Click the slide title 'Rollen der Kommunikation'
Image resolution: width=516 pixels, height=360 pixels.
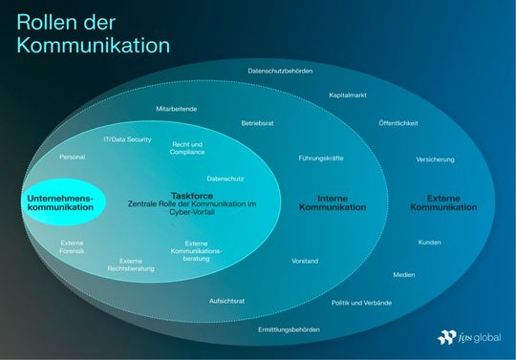[93, 32]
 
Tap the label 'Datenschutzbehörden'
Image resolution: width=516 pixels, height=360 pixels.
[280, 71]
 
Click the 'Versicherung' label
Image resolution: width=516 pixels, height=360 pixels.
[435, 159]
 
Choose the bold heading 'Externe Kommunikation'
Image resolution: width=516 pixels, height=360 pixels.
[451, 203]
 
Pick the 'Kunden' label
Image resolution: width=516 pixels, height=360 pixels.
[430, 242]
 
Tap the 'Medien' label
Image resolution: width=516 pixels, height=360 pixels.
[403, 274]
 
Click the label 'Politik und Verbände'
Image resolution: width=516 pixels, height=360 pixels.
[361, 303]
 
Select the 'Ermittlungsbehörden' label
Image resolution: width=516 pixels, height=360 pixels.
[289, 329]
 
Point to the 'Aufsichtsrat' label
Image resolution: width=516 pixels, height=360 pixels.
[227, 300]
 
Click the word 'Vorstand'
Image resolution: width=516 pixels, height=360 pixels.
[305, 260]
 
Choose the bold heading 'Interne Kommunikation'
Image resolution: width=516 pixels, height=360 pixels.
[340, 203]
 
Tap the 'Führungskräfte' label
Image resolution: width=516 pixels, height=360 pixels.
[321, 158]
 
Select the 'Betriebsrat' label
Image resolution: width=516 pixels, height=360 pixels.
[258, 123]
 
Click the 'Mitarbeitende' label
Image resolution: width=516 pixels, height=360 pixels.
[176, 109]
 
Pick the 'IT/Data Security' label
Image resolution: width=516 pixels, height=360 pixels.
[127, 139]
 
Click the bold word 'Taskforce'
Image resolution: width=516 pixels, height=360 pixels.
[191, 194]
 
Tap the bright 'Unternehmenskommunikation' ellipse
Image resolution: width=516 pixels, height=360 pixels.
[61, 202]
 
